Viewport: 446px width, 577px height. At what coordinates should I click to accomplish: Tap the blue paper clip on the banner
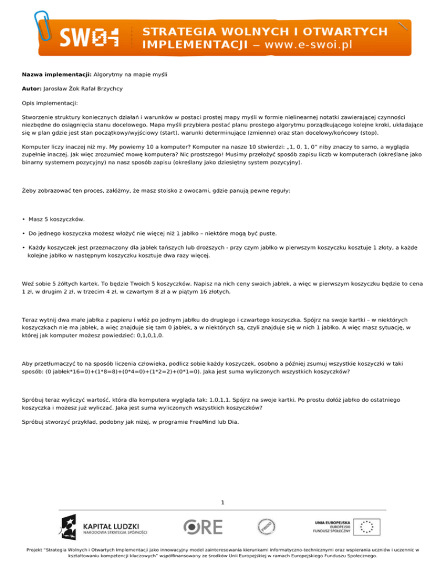click(x=45, y=24)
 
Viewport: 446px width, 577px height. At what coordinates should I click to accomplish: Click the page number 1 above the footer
click(x=223, y=502)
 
